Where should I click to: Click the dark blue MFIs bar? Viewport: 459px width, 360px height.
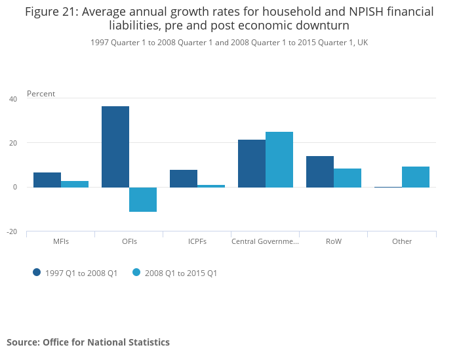click(47, 180)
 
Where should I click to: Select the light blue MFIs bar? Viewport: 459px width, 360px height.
click(75, 184)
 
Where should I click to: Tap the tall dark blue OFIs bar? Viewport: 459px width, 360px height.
click(115, 147)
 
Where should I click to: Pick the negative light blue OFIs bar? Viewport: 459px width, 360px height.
click(143, 199)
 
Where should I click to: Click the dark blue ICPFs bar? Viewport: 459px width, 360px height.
click(184, 178)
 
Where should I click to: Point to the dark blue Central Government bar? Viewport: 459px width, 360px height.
click(252, 163)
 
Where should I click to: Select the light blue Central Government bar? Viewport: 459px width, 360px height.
click(279, 159)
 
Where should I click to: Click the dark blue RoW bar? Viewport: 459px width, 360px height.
click(320, 172)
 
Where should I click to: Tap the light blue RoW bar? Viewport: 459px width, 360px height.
click(348, 178)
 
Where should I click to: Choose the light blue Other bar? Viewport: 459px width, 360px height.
click(416, 177)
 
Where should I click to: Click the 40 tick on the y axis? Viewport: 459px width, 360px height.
click(13, 99)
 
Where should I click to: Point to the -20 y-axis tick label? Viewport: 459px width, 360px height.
click(12, 231)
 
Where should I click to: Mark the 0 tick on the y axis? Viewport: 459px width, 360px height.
click(14, 188)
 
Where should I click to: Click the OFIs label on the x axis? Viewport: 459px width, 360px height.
click(129, 241)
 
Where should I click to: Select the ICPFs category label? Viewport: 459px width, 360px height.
click(197, 241)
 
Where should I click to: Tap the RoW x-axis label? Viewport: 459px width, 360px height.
click(334, 241)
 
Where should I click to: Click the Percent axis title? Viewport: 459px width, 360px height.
click(41, 94)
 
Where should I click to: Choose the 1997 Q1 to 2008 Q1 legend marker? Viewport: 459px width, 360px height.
click(37, 272)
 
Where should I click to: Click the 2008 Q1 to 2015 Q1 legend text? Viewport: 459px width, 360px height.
click(181, 273)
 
